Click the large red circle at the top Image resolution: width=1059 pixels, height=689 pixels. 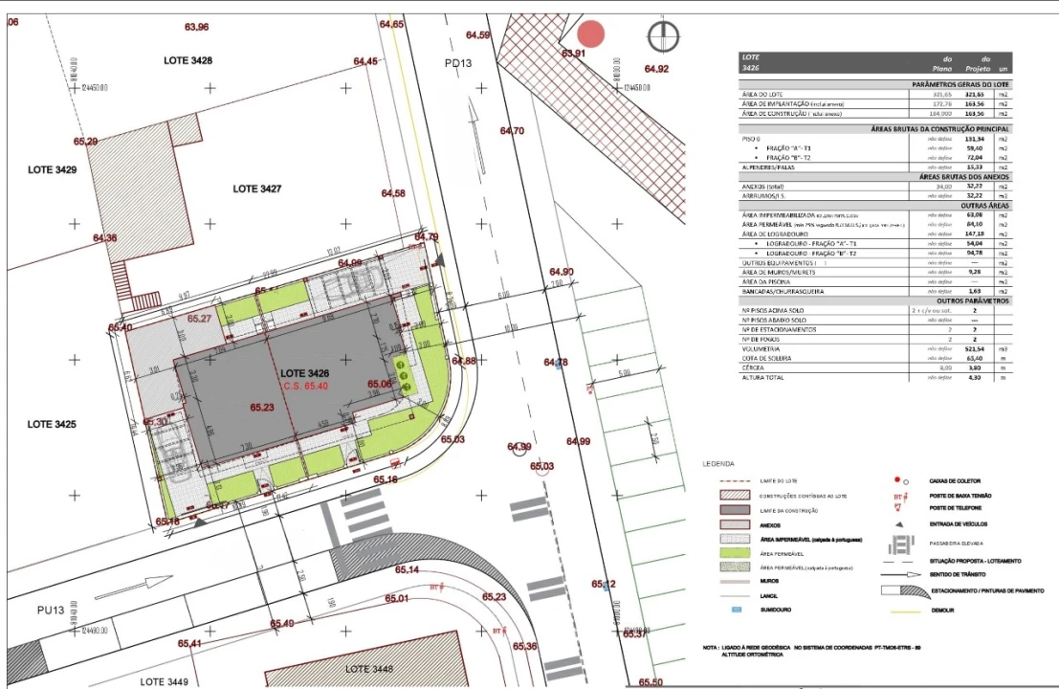click(x=592, y=34)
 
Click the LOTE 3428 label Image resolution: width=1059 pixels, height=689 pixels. click(x=188, y=60)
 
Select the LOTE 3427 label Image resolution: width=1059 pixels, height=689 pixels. click(x=256, y=189)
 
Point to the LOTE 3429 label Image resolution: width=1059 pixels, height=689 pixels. click(x=52, y=169)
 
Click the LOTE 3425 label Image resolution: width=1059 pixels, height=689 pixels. click(x=52, y=424)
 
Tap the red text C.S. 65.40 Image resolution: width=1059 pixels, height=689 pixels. click(x=305, y=386)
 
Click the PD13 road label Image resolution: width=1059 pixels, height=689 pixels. click(x=458, y=63)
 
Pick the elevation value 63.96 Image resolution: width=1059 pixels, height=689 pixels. click(x=197, y=27)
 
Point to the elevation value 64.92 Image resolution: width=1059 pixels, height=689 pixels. click(x=656, y=69)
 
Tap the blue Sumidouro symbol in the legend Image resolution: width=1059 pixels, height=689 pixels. click(x=737, y=610)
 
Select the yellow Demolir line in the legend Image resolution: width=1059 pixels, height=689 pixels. click(x=903, y=610)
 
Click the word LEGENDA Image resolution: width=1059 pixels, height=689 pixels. click(x=719, y=463)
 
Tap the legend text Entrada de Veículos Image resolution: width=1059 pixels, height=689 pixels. click(x=959, y=524)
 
